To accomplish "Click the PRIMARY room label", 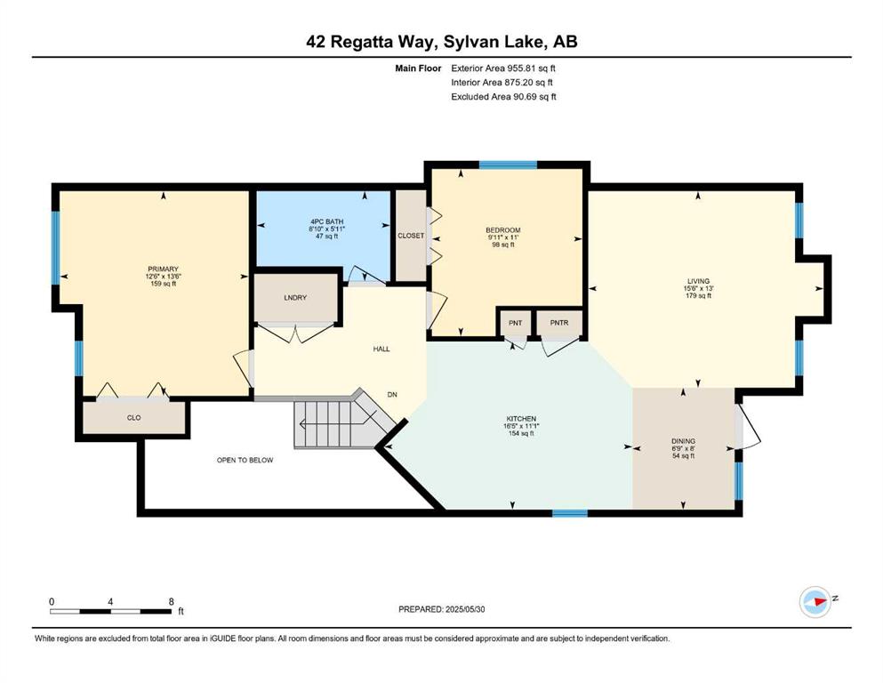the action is click(163, 269).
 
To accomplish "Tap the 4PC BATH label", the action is click(326, 221).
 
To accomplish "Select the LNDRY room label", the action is click(295, 297).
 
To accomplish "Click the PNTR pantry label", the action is click(559, 323).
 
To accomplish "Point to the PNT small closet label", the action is click(515, 323).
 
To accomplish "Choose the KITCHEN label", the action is click(521, 419).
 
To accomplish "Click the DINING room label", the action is click(683, 441).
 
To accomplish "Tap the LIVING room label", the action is click(698, 281).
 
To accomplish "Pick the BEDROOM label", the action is click(503, 229).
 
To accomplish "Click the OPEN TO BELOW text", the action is click(245, 460).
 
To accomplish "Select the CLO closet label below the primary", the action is click(134, 418).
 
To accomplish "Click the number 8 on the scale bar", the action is click(172, 601).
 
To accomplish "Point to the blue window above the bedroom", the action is click(508, 165).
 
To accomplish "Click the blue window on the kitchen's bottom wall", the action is click(570, 513).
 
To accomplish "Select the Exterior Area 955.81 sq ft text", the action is click(503, 68).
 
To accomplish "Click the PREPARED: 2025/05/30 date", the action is click(441, 609).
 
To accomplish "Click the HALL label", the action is click(381, 350).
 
